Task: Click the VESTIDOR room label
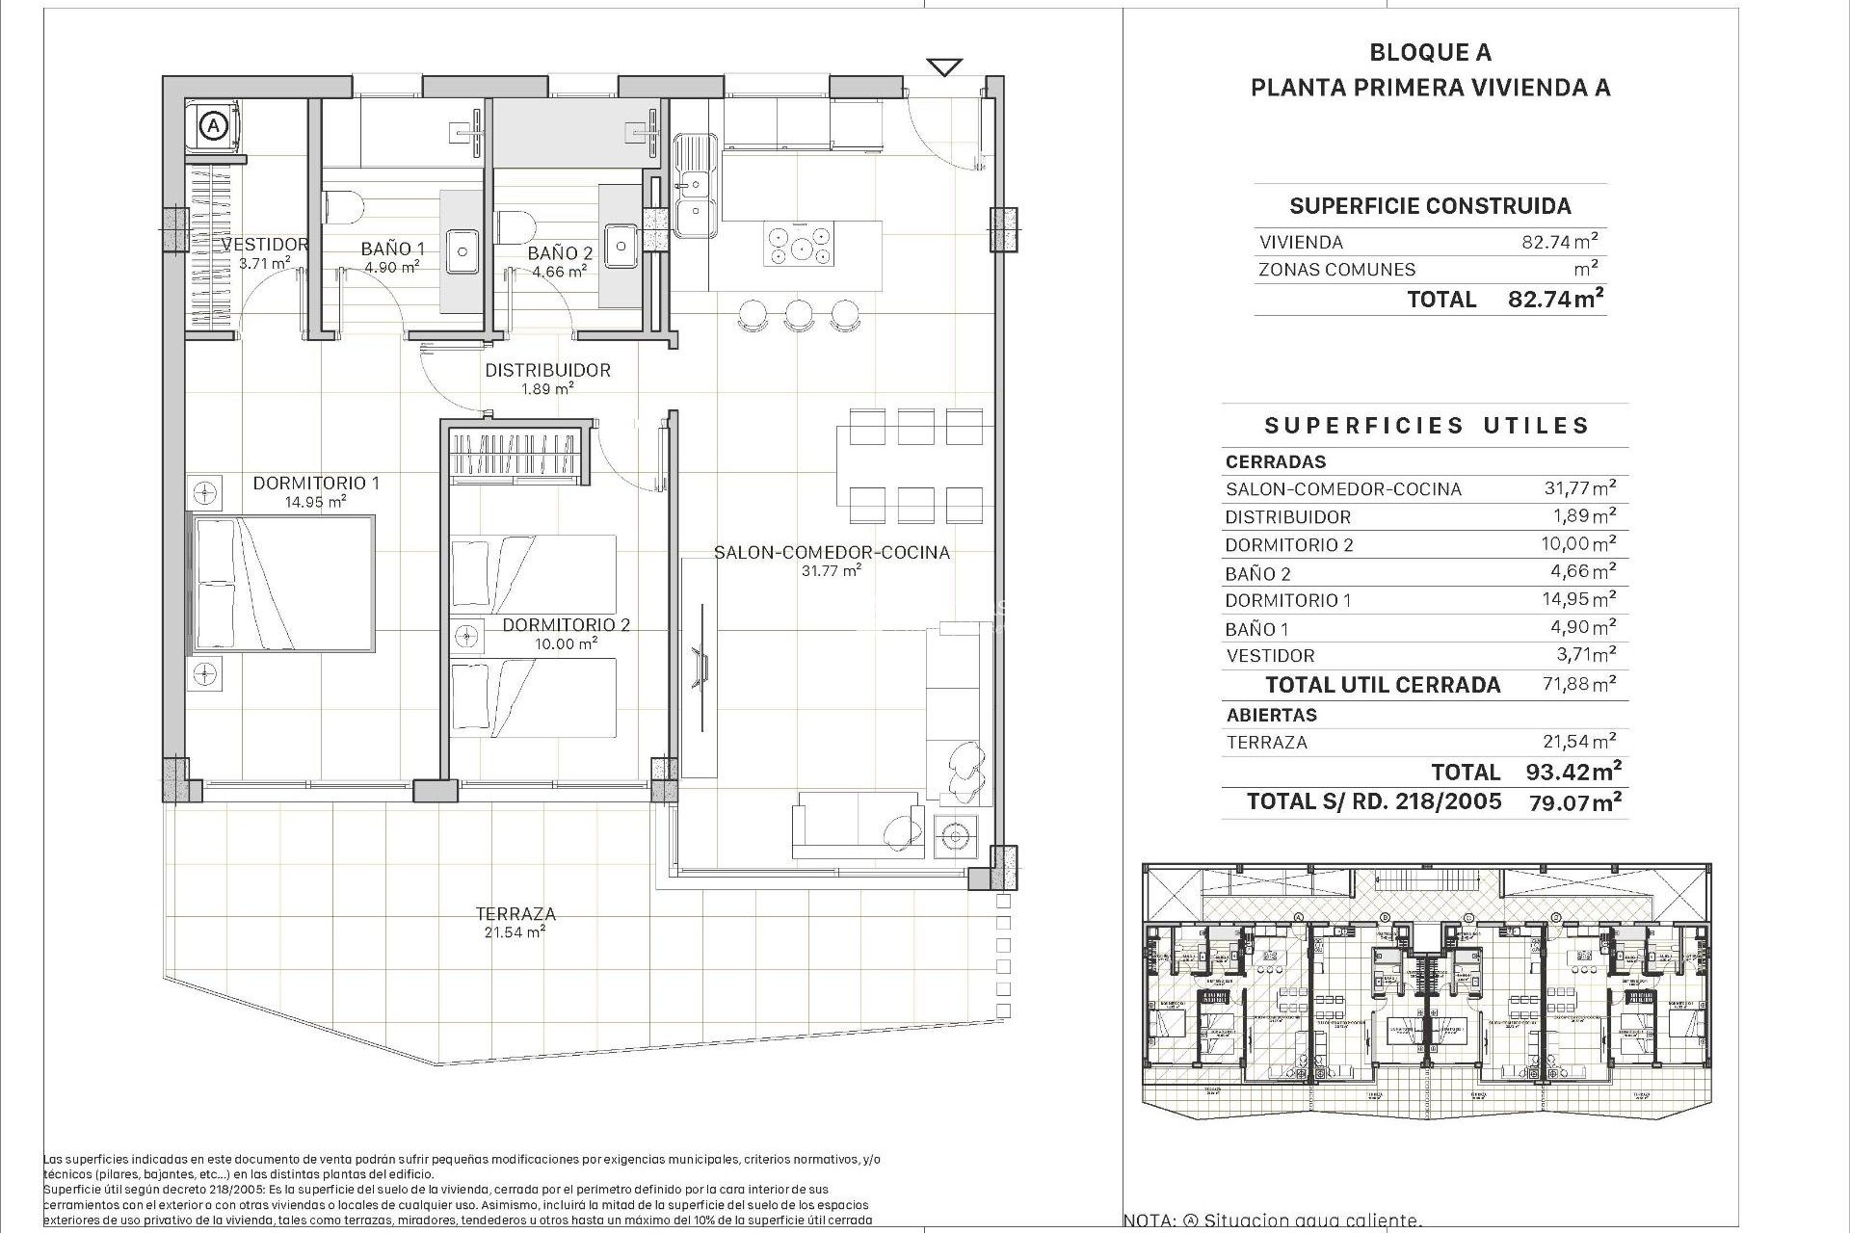[265, 245]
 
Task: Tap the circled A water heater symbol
[213, 125]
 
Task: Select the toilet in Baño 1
[344, 205]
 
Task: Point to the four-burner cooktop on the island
[799, 244]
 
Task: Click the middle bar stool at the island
[798, 313]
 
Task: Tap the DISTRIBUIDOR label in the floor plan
[547, 370]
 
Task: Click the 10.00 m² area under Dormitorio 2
[566, 643]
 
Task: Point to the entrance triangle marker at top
[945, 66]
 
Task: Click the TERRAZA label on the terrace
[515, 913]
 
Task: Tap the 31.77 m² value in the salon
[831, 570]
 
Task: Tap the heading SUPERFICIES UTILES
[1426, 426]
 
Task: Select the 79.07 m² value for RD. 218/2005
[1574, 801]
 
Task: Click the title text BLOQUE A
[1430, 53]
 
